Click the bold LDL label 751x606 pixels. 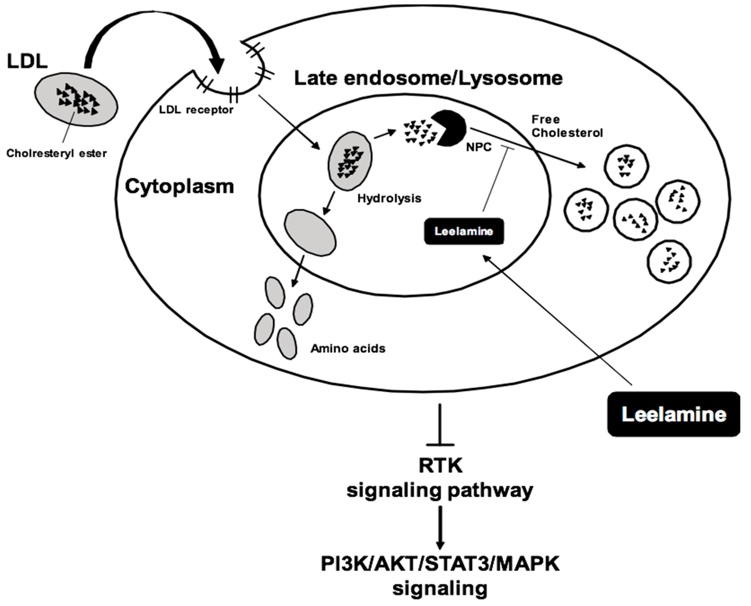click(27, 62)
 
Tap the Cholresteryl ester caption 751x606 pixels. click(56, 153)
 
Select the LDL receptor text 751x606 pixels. click(196, 110)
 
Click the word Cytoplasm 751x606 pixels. click(179, 186)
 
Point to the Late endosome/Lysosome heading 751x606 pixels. click(428, 78)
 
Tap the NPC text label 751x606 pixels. click(479, 147)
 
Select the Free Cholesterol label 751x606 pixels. click(567, 126)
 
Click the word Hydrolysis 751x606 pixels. click(389, 199)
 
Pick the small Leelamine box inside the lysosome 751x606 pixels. click(464, 231)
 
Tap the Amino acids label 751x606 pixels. click(348, 348)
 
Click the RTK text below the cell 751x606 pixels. click(440, 465)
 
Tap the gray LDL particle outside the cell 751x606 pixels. click(76, 101)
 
